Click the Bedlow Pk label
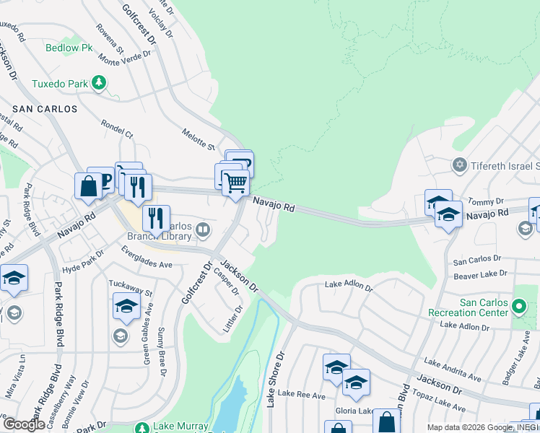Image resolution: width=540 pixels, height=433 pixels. pyautogui.click(x=69, y=48)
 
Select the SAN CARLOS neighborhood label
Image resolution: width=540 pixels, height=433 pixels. pyautogui.click(x=44, y=109)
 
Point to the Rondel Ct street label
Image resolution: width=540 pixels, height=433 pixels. pyautogui.click(x=118, y=129)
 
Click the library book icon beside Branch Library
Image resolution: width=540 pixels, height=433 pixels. pyautogui.click(x=204, y=230)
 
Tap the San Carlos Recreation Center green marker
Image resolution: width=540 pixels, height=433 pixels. pyautogui.click(x=518, y=308)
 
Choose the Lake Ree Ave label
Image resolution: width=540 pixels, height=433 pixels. pyautogui.click(x=302, y=393)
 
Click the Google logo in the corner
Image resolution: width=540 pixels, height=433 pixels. pyautogui.click(x=23, y=424)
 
